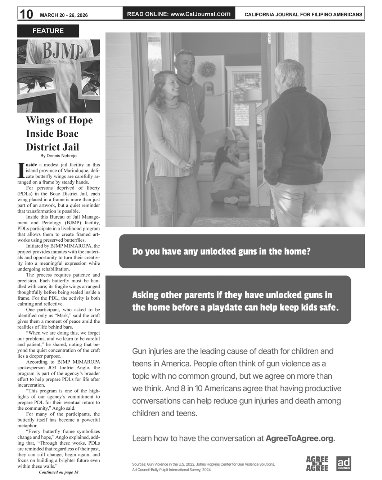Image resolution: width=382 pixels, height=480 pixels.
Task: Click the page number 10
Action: tap(26, 14)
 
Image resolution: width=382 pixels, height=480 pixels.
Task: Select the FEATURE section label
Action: tap(48, 31)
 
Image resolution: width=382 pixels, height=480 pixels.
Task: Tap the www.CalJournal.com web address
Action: tap(200, 14)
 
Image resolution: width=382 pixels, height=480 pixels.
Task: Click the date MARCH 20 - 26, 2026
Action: tap(64, 15)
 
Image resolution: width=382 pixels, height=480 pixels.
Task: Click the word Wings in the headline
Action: tap(39, 120)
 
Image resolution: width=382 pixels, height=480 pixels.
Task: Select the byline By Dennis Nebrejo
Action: tap(58, 156)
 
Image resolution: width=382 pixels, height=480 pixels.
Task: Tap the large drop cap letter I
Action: tap(21, 171)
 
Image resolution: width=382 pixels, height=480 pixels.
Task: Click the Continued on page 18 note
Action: tap(58, 472)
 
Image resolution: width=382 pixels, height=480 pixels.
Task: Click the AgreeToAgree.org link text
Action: tap(300, 439)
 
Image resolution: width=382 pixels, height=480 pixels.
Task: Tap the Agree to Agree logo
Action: tap(317, 464)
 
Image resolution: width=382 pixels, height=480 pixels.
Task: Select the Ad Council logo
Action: tap(343, 464)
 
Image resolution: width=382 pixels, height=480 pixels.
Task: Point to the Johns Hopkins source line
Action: tap(203, 464)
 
